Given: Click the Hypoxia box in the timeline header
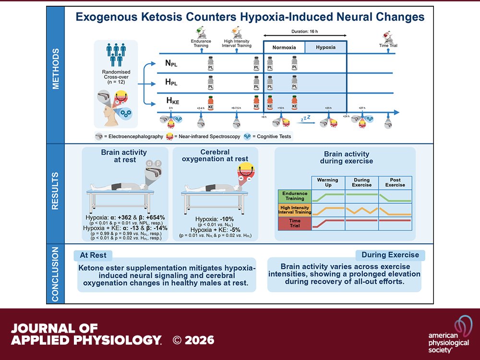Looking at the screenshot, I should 325,48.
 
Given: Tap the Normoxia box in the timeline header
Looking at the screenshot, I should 284,48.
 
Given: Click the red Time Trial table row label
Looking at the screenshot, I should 295,224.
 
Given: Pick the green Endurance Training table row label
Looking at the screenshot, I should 295,196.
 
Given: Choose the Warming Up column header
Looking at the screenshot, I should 328,183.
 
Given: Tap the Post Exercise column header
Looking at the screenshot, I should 395,183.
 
